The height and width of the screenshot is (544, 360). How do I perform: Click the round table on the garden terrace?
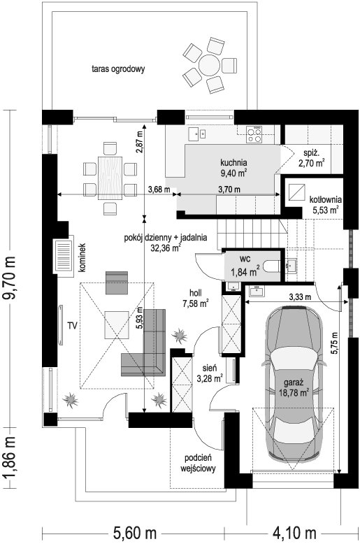click(x=209, y=64)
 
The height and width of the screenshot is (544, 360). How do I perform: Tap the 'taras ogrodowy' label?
click(x=118, y=69)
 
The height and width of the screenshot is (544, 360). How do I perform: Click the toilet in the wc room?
click(x=271, y=267)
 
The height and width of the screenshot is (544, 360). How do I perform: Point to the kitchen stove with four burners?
click(x=254, y=135)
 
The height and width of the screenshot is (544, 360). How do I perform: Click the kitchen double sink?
click(x=197, y=133)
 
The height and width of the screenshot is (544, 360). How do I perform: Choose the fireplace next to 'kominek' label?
click(x=63, y=256)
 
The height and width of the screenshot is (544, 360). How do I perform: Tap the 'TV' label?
click(x=72, y=325)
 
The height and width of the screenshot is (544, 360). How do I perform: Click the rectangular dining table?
click(x=110, y=178)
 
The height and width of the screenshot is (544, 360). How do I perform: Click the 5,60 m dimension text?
click(x=135, y=532)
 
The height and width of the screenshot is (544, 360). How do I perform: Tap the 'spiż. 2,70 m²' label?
click(x=312, y=158)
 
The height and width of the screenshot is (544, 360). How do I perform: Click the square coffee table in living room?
click(x=117, y=324)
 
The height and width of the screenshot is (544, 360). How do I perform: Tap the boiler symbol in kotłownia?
click(x=297, y=192)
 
